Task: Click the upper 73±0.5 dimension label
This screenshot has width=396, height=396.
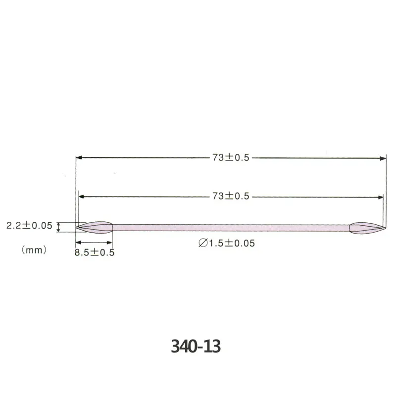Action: tap(231, 157)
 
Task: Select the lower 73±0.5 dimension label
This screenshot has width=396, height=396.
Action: tap(231, 196)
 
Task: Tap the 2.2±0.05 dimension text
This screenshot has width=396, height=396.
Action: tap(29, 225)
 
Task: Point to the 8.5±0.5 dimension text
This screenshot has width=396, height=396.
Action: tap(95, 252)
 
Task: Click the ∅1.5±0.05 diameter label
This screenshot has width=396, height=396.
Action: tap(227, 243)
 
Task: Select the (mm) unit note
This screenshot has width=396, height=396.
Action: tap(34, 250)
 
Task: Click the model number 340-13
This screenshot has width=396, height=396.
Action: tap(196, 346)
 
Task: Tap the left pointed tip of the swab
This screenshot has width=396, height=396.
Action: tap(76, 227)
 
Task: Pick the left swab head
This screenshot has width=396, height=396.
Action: tap(94, 227)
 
